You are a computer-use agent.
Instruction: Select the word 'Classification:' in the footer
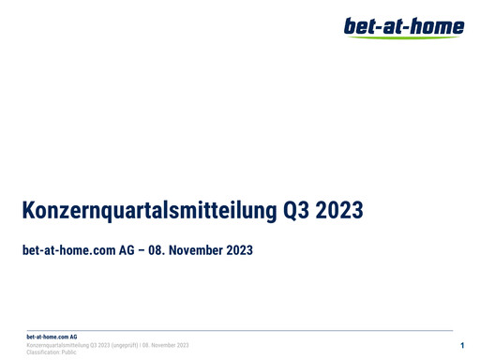pyautogui.click(x=43, y=352)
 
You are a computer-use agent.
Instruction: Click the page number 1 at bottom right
pyautogui.click(x=463, y=347)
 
